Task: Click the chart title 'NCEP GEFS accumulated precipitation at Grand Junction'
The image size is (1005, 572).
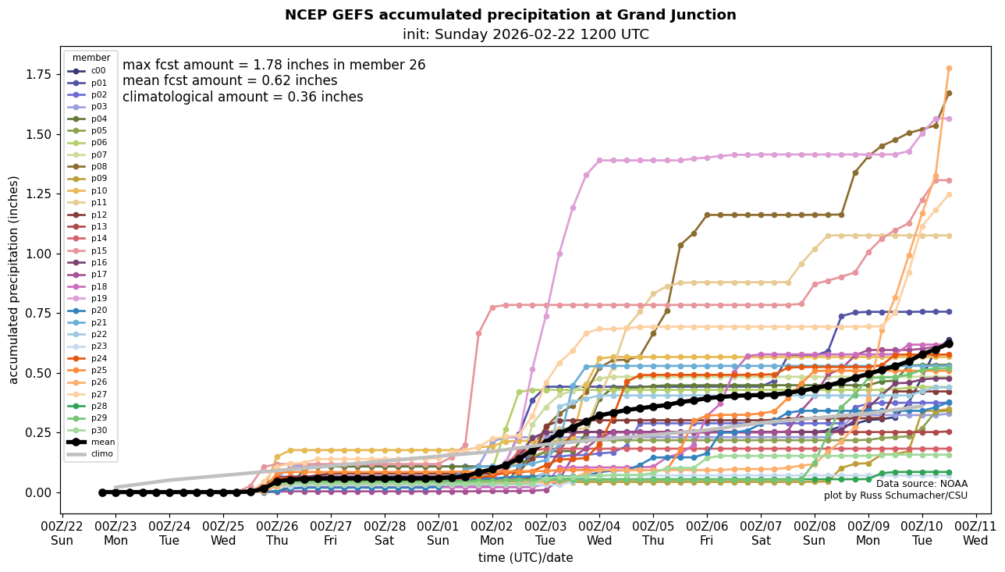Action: (510, 15)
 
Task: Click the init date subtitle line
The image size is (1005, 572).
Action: (525, 34)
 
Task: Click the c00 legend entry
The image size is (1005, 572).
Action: (90, 70)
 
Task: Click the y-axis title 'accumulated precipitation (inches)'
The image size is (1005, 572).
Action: (13, 279)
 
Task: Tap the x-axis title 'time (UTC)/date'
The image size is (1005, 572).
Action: (525, 558)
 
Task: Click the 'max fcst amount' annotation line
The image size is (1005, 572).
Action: (274, 65)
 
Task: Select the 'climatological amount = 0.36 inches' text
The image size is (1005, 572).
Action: (243, 97)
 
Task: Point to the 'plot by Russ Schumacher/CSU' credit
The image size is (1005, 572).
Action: (895, 496)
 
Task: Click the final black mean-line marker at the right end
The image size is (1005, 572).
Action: (949, 343)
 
